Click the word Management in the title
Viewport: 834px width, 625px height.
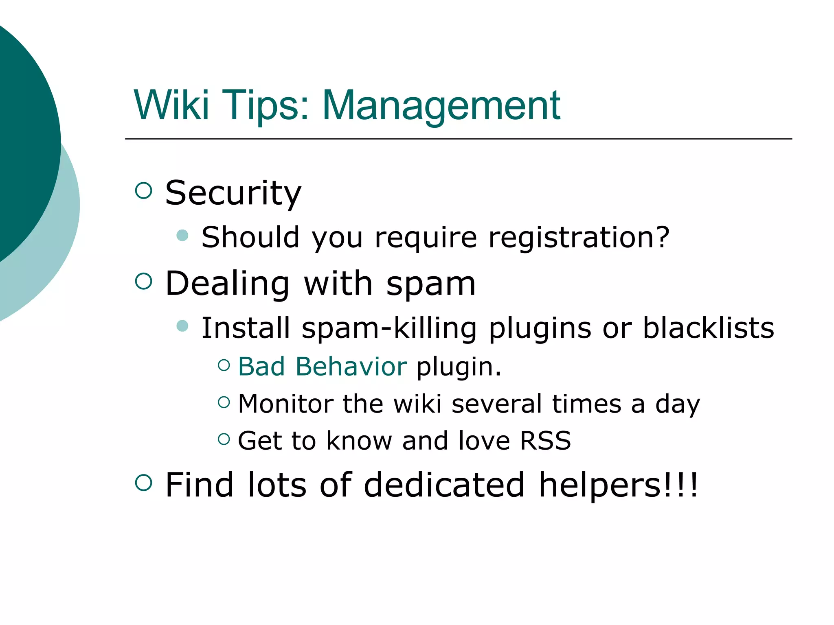click(441, 106)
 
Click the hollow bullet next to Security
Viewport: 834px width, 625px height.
click(143, 190)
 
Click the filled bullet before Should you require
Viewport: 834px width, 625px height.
click(182, 235)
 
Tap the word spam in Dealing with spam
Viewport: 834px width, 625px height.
click(430, 284)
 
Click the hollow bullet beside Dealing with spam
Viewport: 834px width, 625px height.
click(143, 281)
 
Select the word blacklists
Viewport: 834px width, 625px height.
click(708, 328)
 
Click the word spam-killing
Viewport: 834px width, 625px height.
click(389, 328)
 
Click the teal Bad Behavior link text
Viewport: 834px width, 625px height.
click(322, 366)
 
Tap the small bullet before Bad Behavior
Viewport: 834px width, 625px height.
click(224, 365)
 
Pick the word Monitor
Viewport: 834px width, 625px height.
click(285, 404)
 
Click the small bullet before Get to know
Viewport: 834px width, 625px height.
click(224, 439)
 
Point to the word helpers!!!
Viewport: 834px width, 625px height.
click(619, 485)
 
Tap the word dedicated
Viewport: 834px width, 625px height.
click(444, 485)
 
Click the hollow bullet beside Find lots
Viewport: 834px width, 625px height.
click(143, 483)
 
